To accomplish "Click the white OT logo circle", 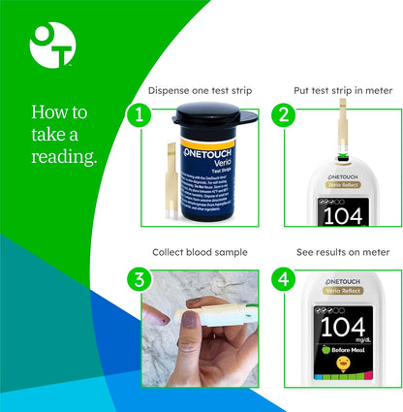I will pyautogui.click(x=51, y=46).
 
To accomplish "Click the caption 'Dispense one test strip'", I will pyautogui.click(x=201, y=90).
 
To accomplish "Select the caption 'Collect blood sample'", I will pyautogui.click(x=201, y=252).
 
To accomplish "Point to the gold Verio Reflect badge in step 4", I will pyautogui.click(x=340, y=294).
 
